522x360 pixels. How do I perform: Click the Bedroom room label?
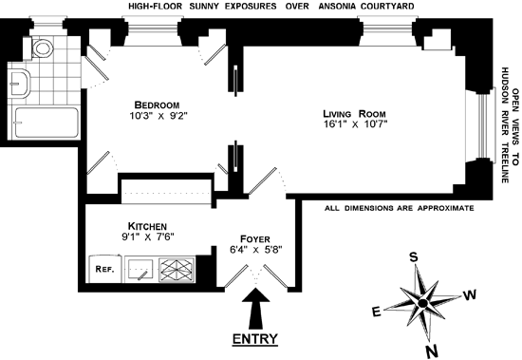tap(157, 105)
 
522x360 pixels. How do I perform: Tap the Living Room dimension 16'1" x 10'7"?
tap(356, 124)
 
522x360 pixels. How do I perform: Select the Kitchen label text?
tap(147, 226)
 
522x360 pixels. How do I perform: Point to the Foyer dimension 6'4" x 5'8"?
tap(255, 249)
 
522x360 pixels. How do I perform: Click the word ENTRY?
tap(255, 339)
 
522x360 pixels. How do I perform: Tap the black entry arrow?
tap(255, 309)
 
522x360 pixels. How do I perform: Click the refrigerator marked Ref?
tap(104, 269)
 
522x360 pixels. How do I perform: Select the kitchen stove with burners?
tap(177, 270)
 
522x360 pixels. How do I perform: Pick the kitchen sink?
tap(140, 270)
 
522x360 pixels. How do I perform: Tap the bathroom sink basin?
tap(19, 84)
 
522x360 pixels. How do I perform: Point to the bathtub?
tap(47, 123)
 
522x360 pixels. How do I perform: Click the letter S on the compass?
tap(413, 257)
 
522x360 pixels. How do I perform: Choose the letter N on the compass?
tap(432, 351)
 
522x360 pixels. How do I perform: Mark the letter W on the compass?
tap(470, 295)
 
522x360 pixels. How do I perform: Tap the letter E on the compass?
tap(376, 313)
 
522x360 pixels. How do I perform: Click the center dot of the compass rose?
tap(422, 304)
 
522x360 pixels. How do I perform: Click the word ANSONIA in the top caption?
tap(337, 6)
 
